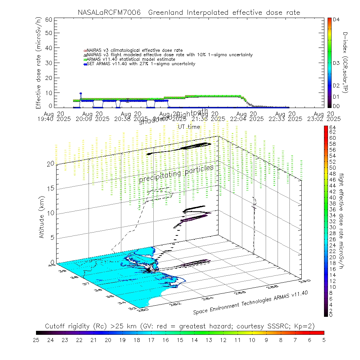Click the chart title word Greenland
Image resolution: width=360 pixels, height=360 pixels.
pyautogui.click(x=166, y=13)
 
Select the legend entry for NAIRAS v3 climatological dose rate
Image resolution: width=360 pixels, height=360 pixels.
pyautogui.click(x=133, y=50)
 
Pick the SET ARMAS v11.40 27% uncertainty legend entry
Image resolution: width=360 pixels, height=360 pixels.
pyautogui.click(x=140, y=64)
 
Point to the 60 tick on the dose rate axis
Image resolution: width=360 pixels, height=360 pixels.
pyautogui.click(x=49, y=19)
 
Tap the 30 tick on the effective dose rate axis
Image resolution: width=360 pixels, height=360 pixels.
pyautogui.click(x=49, y=63)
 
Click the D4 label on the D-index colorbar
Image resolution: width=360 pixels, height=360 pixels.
pyautogui.click(x=337, y=20)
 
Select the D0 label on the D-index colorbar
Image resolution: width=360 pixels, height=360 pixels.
pyautogui.click(x=337, y=106)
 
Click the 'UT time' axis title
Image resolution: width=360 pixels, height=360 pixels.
pyautogui.click(x=189, y=127)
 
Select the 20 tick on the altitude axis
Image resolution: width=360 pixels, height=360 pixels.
pyautogui.click(x=50, y=163)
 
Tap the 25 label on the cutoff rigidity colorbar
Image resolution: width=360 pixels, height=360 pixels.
pyautogui.click(x=36, y=339)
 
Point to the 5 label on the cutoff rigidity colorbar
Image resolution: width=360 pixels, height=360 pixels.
pyautogui.click(x=324, y=339)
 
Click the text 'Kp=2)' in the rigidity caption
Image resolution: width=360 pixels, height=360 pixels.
pyautogui.click(x=305, y=326)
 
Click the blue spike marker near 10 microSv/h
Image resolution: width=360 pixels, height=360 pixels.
pyautogui.click(x=81, y=94)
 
